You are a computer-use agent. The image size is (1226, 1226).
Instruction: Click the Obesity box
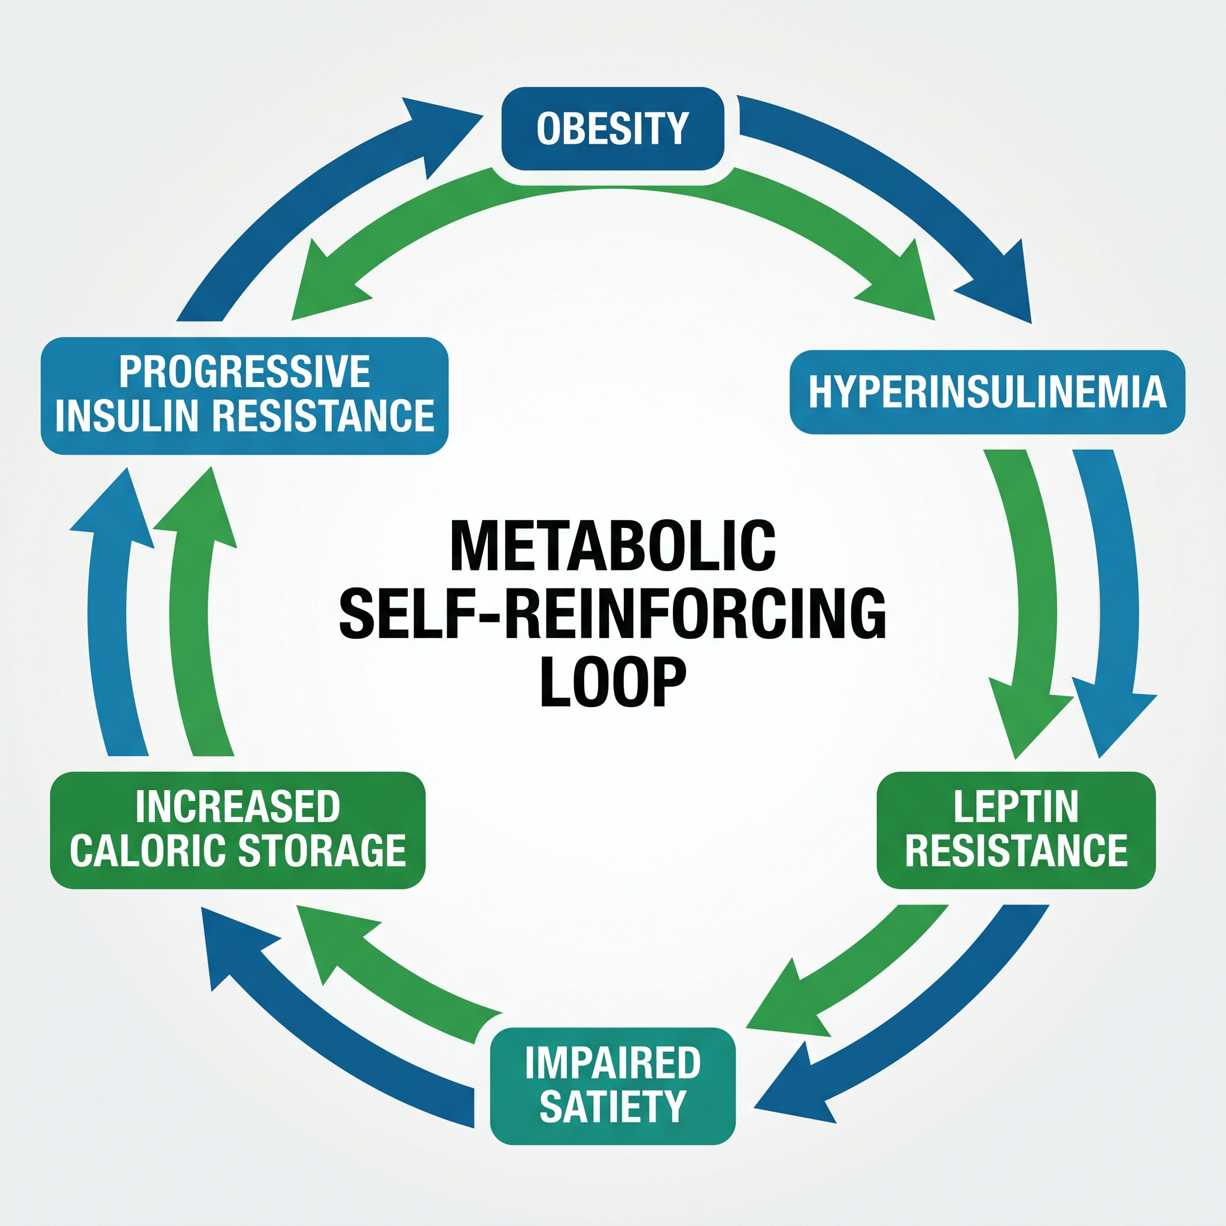click(613, 129)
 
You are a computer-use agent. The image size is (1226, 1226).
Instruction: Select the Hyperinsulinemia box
click(987, 392)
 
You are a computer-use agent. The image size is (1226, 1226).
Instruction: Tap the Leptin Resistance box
click(1016, 830)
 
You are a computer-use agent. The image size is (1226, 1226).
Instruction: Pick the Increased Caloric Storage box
click(238, 830)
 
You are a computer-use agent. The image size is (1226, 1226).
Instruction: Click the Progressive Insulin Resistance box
click(244, 396)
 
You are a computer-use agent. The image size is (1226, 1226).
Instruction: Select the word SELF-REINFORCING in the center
click(613, 614)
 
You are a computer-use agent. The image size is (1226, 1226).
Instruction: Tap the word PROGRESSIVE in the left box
click(244, 372)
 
